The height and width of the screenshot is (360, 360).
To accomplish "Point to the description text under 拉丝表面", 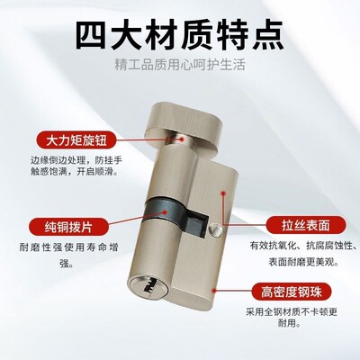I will click(x=298, y=254).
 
